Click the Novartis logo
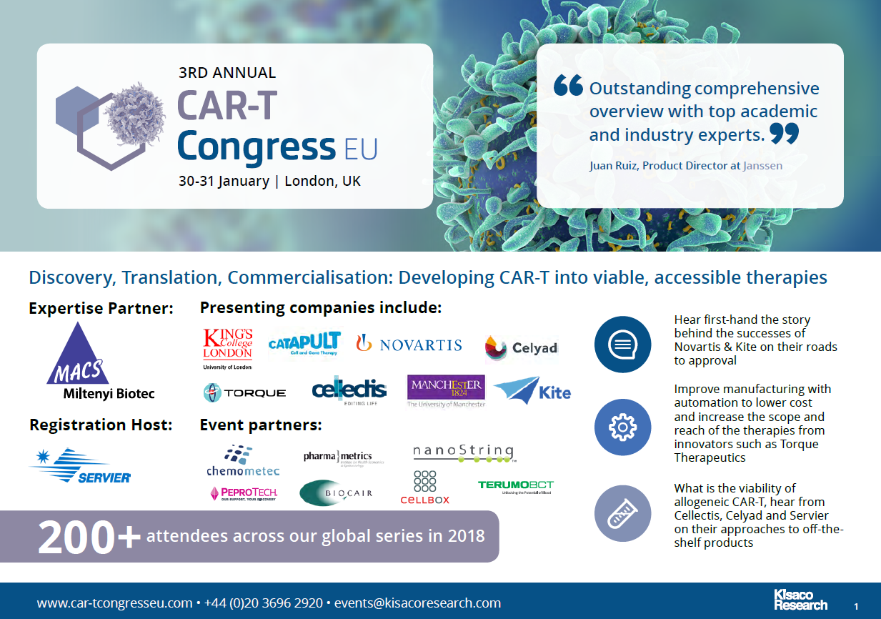click(x=409, y=345)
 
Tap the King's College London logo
click(x=228, y=348)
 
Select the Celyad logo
click(x=521, y=348)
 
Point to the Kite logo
click(x=532, y=391)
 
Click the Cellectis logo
click(x=349, y=390)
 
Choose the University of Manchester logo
click(x=446, y=391)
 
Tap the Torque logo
click(x=244, y=392)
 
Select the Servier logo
click(x=80, y=466)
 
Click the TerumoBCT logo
click(x=515, y=487)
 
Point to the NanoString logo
click(x=464, y=453)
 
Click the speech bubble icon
click(x=622, y=345)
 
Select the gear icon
click(x=622, y=427)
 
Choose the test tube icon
click(x=622, y=513)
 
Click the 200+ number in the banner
click(x=89, y=536)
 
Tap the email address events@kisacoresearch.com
click(x=417, y=603)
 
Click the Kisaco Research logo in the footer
click(x=800, y=600)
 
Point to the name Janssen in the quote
click(x=762, y=165)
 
